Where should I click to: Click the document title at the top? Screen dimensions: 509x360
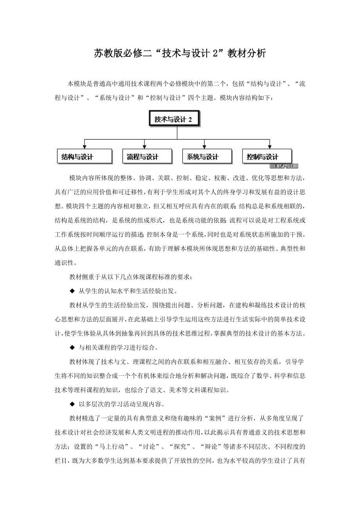pos(180,53)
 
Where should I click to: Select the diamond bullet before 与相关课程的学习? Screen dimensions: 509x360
pos(72,347)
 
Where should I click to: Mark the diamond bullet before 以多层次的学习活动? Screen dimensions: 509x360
pos(72,403)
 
